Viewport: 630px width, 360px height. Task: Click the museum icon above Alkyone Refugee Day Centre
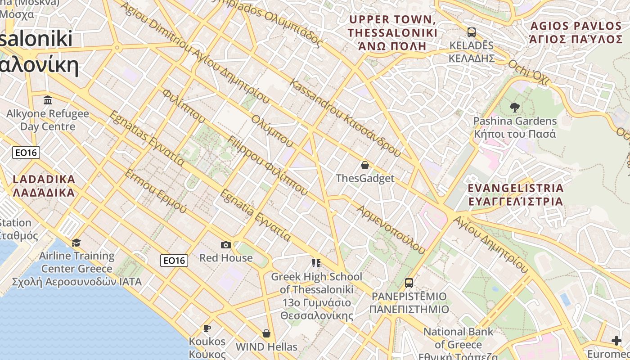(x=48, y=100)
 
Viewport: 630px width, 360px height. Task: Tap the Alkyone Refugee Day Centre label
(x=48, y=120)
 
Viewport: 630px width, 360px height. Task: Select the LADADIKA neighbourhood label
(x=44, y=186)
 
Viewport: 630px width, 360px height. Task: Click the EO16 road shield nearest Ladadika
(x=26, y=153)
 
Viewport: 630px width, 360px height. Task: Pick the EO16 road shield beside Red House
(x=174, y=260)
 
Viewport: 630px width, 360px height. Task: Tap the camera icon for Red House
(x=226, y=245)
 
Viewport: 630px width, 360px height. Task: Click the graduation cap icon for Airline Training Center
(x=76, y=243)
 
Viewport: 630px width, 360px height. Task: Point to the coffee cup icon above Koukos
(x=207, y=328)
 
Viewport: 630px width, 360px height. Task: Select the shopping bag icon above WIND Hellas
(x=266, y=333)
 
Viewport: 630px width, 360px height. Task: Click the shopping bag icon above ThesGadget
(x=365, y=165)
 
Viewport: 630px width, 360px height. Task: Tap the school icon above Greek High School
(x=316, y=263)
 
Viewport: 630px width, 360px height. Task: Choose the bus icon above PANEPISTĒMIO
(x=409, y=283)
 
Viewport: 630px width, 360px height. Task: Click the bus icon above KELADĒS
(x=472, y=32)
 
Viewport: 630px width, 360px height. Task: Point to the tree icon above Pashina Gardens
(x=515, y=108)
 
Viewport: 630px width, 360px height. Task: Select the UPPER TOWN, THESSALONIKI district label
(x=392, y=33)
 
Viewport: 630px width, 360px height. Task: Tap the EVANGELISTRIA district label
(x=515, y=194)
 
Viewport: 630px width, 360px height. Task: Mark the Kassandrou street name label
(x=346, y=118)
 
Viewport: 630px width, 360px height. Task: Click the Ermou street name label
(x=155, y=191)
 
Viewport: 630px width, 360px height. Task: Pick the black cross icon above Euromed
(x=616, y=341)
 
